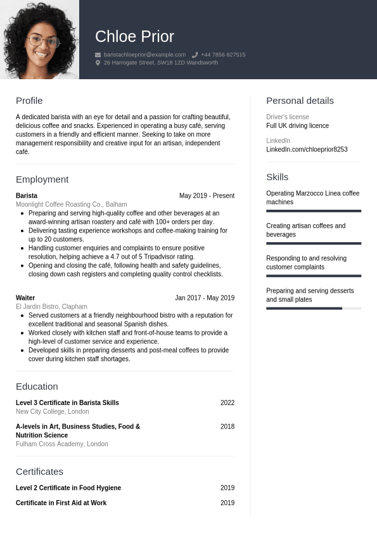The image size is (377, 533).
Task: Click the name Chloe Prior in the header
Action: pyautogui.click(x=134, y=37)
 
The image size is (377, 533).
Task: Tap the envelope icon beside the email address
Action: pyautogui.click(x=98, y=55)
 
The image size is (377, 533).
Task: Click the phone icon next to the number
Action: pyautogui.click(x=195, y=55)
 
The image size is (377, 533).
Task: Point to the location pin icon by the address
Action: pyautogui.click(x=98, y=63)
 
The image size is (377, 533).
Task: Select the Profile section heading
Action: pyautogui.click(x=29, y=101)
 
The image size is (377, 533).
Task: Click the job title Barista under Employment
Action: pyautogui.click(x=27, y=196)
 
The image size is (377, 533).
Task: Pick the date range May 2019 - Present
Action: pyautogui.click(x=207, y=196)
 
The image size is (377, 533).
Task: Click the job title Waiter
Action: pyautogui.click(x=25, y=298)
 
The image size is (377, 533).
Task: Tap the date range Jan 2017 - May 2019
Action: pyautogui.click(x=205, y=298)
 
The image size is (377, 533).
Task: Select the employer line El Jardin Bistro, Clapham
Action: pyautogui.click(x=51, y=307)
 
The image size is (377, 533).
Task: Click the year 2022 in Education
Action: pyautogui.click(x=227, y=403)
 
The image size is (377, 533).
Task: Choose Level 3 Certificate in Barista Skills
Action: pyautogui.click(x=67, y=403)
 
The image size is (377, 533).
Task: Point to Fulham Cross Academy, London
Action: pyautogui.click(x=61, y=444)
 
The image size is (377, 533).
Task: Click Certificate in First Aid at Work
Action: pyautogui.click(x=61, y=503)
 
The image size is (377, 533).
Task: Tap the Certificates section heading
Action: pyautogui.click(x=39, y=472)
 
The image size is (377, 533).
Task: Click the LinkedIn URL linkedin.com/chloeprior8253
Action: pyautogui.click(x=307, y=150)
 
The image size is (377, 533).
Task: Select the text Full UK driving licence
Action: pyautogui.click(x=297, y=126)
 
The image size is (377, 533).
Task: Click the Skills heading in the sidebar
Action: pyautogui.click(x=277, y=177)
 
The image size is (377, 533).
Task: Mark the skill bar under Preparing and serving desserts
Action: pyautogui.click(x=313, y=309)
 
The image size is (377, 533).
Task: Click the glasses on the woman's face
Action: pyautogui.click(x=43, y=41)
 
